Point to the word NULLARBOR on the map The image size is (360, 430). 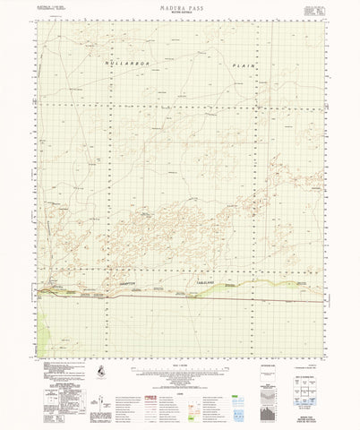119,65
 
